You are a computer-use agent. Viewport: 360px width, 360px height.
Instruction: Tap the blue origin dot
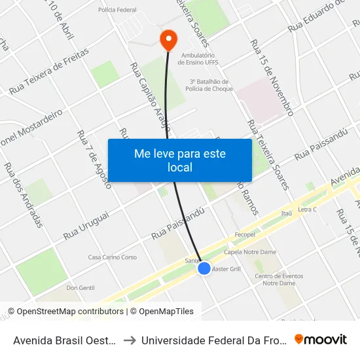coord(204,268)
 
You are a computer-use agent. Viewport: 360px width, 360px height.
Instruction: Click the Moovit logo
coord(321,339)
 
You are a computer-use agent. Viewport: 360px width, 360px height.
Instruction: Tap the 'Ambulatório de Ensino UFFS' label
coord(197,60)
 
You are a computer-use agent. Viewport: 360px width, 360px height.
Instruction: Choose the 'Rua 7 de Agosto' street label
coord(94,159)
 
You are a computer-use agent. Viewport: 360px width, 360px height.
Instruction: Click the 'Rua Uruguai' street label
coord(86,225)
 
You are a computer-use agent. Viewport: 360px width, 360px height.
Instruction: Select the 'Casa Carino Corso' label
coord(113,257)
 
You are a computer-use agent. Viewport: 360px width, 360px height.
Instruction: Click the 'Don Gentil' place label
coord(81,287)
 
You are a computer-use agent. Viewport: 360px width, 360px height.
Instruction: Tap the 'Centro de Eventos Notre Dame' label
coord(279,279)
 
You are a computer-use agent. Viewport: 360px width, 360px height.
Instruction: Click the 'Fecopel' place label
coord(243,234)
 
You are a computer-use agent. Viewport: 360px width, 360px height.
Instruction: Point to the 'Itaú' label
coord(286,213)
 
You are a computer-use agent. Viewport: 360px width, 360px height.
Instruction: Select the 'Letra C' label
coord(307,209)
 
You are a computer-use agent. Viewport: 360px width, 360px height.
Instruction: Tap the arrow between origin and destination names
coord(130,340)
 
